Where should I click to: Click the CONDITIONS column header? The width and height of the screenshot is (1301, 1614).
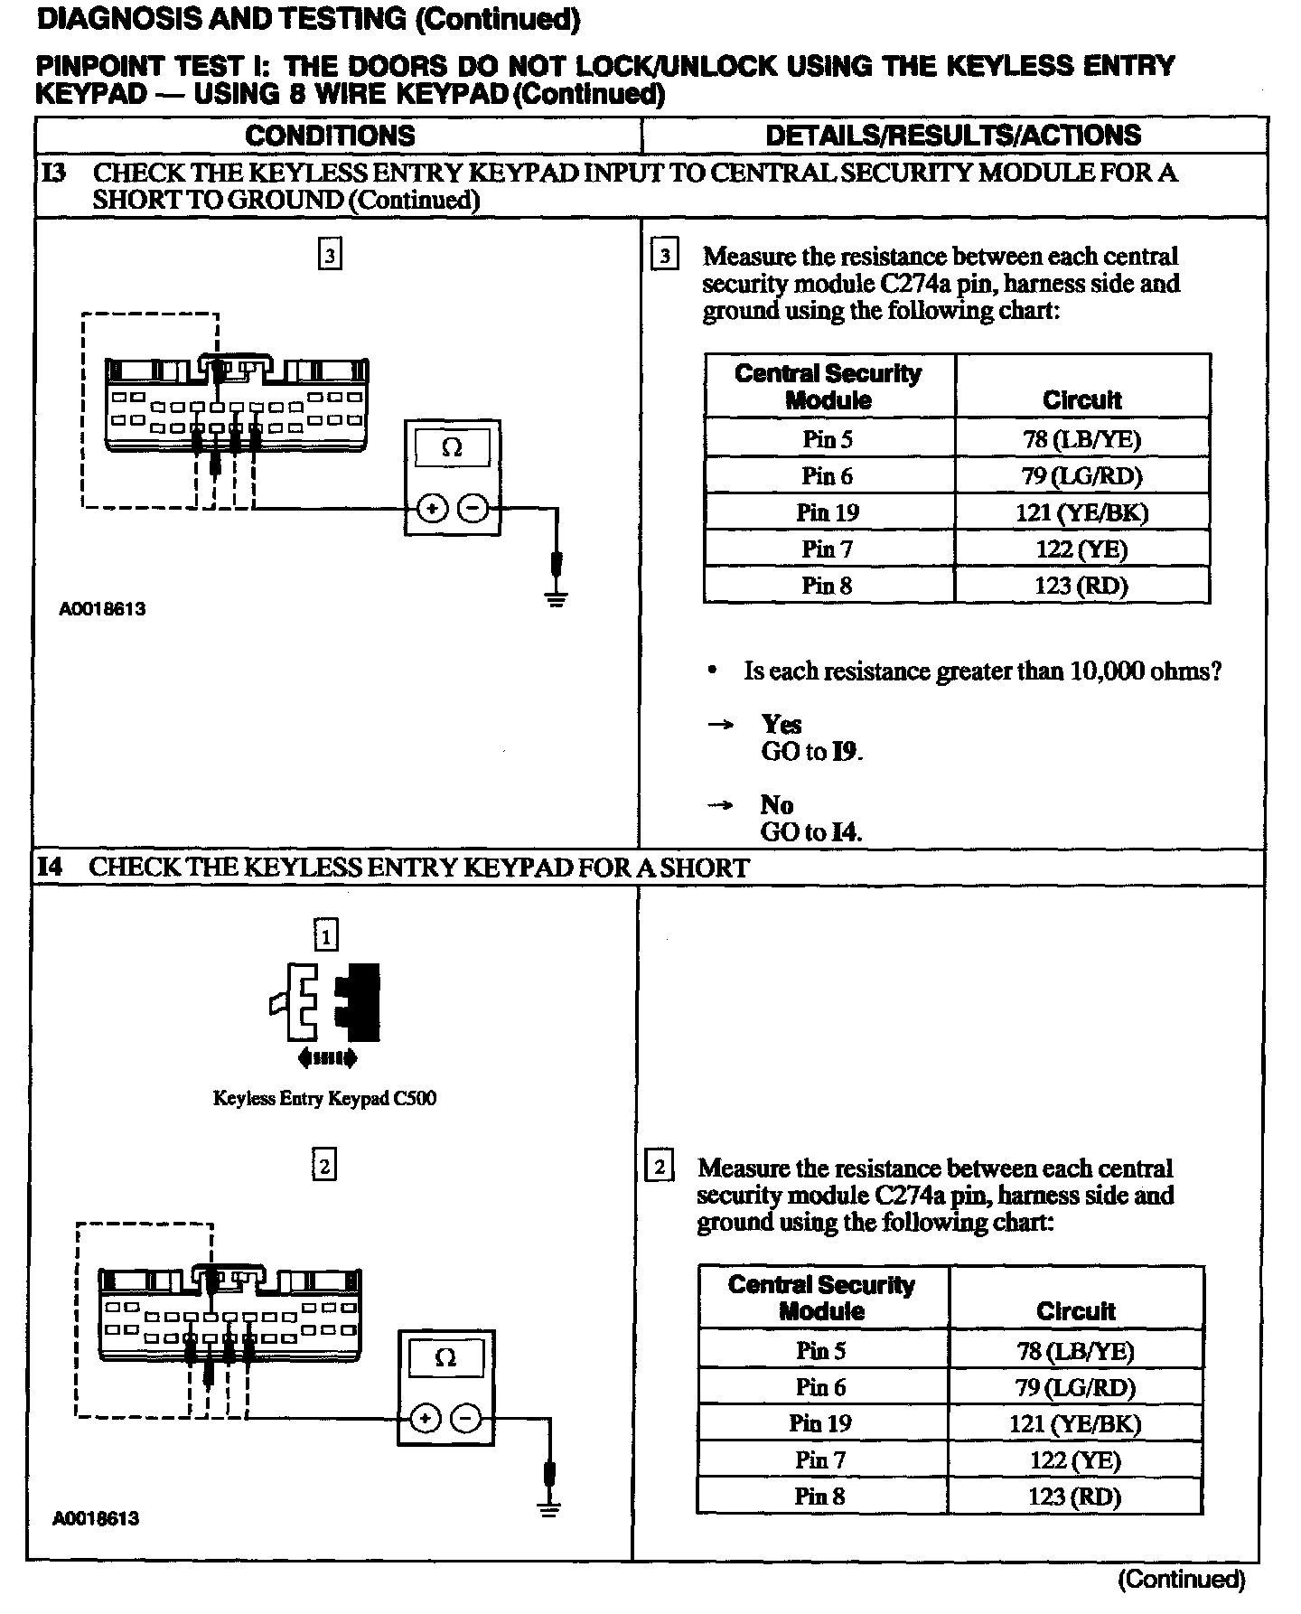pyautogui.click(x=330, y=136)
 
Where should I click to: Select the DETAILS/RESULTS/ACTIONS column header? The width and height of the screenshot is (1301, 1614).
pyautogui.click(x=953, y=136)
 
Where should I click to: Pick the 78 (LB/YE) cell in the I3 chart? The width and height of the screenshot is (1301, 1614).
pyautogui.click(x=1081, y=439)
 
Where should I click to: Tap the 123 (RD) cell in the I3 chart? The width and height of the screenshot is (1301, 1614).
pyautogui.click(x=1081, y=586)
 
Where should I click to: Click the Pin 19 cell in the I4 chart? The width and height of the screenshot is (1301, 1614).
pyautogui.click(x=820, y=1423)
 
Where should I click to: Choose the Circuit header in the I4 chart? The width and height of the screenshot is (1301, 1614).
pyautogui.click(x=1075, y=1310)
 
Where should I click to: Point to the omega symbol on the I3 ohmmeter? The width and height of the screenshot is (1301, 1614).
pyautogui.click(x=452, y=447)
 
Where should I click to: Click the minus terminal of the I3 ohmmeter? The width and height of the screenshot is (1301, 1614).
pyautogui.click(x=473, y=509)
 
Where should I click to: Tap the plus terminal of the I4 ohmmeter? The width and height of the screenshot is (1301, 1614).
pyautogui.click(x=424, y=1420)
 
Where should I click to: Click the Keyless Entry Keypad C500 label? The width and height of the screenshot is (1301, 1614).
pyautogui.click(x=324, y=1099)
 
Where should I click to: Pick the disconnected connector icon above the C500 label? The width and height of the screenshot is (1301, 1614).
pyautogui.click(x=325, y=1004)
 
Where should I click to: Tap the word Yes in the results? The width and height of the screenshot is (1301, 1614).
pyautogui.click(x=781, y=724)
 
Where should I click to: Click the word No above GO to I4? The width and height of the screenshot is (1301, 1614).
pyautogui.click(x=776, y=804)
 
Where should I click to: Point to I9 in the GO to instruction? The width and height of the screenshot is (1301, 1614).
pyautogui.click(x=846, y=752)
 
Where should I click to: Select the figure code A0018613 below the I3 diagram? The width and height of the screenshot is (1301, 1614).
pyautogui.click(x=102, y=609)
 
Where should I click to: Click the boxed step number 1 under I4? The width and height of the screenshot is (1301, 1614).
pyautogui.click(x=325, y=934)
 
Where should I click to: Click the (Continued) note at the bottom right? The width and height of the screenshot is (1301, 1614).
pyautogui.click(x=1182, y=1580)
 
